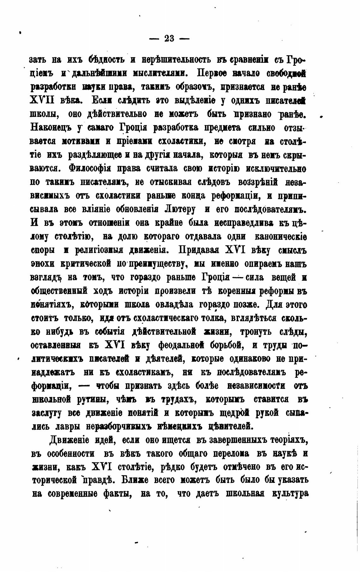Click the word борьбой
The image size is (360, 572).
226,345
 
